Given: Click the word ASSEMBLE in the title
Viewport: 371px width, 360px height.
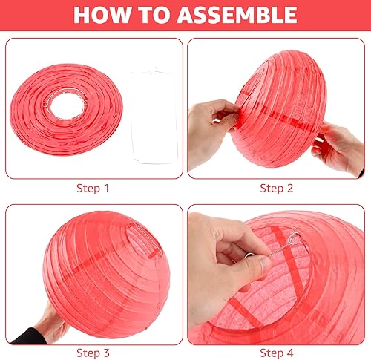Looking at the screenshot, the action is click(237, 15).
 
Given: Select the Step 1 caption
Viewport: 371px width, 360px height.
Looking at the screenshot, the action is click(93, 189).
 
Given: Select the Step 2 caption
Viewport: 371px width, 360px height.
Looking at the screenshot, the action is click(277, 189).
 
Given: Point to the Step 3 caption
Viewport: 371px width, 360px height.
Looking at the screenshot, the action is click(93, 353).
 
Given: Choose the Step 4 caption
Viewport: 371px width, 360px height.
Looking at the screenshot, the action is click(277, 353).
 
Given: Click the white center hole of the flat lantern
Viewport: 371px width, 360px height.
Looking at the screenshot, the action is click(66, 106).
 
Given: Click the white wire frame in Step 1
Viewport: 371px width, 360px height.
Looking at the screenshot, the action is click(154, 117).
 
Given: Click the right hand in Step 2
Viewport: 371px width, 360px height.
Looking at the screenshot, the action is click(339, 148).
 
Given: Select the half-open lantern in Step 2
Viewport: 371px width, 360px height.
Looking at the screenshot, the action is click(280, 109).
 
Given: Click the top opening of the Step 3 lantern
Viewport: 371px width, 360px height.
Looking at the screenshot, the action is click(143, 237).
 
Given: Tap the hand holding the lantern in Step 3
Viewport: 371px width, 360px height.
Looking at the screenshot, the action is click(52, 324).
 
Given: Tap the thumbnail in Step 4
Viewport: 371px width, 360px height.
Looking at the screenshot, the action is click(266, 265).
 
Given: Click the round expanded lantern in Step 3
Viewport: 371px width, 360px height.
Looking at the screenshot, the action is click(106, 275).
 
